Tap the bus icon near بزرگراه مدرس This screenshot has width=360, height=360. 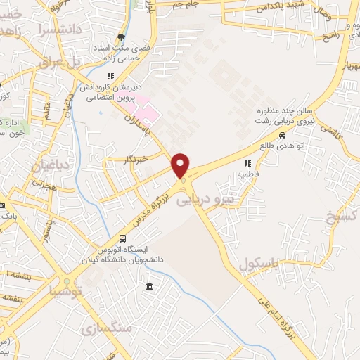click(124, 238)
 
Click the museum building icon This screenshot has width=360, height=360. click(149, 286)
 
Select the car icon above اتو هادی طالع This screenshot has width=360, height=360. click(282, 136)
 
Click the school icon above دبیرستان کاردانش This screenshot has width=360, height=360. click(110, 77)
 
